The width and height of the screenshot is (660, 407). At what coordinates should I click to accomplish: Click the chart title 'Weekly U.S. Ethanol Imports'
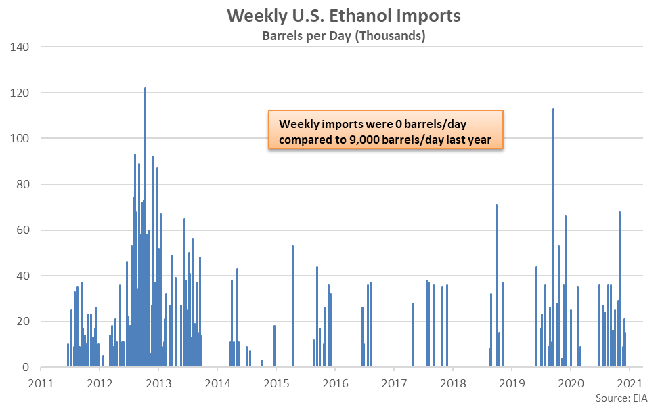(x=343, y=16)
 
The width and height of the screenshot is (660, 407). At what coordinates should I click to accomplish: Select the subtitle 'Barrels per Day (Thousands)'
(x=343, y=36)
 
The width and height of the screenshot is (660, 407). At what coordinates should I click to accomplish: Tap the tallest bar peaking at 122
(x=146, y=228)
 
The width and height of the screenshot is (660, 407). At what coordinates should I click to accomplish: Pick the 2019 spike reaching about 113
(x=553, y=238)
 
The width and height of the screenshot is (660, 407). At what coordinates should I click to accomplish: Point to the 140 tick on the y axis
(x=20, y=47)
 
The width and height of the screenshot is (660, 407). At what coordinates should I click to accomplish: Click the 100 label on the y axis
(x=20, y=138)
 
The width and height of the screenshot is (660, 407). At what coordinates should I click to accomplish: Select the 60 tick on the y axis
(x=23, y=230)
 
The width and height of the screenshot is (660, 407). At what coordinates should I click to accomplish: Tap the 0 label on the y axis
(x=26, y=368)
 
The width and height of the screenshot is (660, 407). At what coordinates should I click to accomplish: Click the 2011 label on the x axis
(x=41, y=383)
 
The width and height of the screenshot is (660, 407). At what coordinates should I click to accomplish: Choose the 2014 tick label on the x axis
(x=217, y=383)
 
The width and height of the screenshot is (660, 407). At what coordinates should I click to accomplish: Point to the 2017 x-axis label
(x=394, y=383)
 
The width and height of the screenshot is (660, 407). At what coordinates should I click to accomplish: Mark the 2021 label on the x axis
(x=630, y=383)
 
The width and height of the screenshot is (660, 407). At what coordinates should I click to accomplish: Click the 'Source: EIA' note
(x=621, y=398)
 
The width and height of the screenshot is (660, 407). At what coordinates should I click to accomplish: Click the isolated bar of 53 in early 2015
(x=292, y=306)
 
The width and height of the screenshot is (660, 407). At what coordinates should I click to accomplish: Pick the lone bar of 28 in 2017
(x=413, y=335)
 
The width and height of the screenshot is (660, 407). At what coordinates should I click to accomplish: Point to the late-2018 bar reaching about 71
(x=496, y=286)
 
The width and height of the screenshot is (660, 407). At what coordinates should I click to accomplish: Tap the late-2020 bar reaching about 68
(x=619, y=289)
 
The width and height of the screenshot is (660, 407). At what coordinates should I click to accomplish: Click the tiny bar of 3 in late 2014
(x=262, y=364)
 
